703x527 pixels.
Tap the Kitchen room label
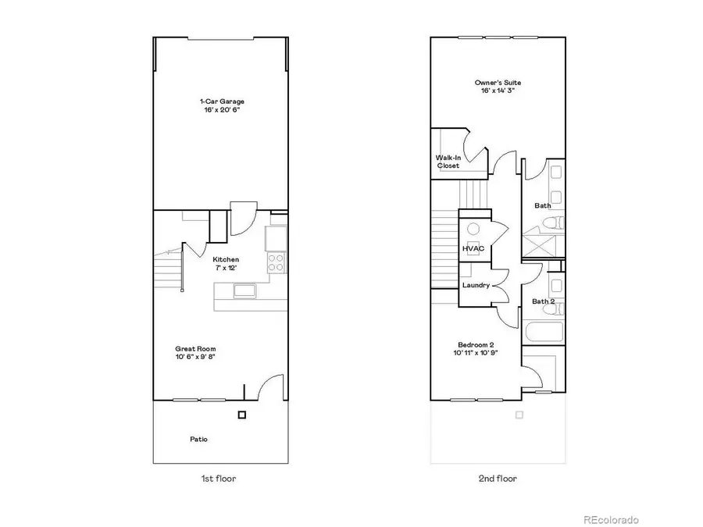[x=226, y=259]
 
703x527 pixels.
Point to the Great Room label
[x=195, y=349]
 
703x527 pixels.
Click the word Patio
[x=199, y=439]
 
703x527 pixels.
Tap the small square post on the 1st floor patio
[x=242, y=415]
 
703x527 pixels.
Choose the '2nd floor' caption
[x=498, y=479]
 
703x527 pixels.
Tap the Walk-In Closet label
[x=448, y=162]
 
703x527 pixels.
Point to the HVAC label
[x=473, y=248]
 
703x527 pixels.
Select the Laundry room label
[x=476, y=285]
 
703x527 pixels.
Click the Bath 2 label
[x=543, y=301]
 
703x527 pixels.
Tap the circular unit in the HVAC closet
[x=474, y=229]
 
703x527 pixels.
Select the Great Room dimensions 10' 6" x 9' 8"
[x=195, y=358]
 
